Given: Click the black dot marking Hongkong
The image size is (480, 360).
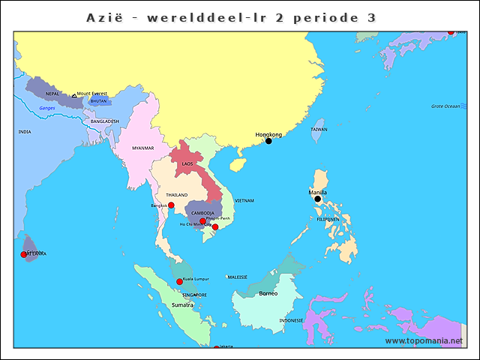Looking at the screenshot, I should click(x=268, y=141).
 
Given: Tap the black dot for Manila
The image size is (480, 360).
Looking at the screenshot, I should click(x=317, y=199).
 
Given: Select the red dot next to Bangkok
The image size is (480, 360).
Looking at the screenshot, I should click(x=171, y=205).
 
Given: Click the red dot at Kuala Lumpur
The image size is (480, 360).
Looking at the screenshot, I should click(x=179, y=282).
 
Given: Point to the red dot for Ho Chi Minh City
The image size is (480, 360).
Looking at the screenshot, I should click(x=215, y=227).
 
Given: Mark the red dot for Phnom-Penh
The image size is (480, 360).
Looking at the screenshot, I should click(x=202, y=221).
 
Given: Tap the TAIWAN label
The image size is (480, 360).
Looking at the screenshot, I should click(x=319, y=129).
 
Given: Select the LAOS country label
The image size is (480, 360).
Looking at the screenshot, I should click(x=187, y=163).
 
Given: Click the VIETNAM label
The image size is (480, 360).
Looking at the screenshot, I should click(x=244, y=200).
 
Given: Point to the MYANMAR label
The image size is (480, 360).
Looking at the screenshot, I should click(x=142, y=148).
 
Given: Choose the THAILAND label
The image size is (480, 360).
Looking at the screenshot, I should click(x=177, y=194).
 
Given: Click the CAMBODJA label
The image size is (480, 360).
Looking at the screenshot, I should click(x=202, y=212).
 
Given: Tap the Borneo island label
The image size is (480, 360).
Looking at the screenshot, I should click(x=268, y=293).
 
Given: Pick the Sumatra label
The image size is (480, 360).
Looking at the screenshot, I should click(x=182, y=305).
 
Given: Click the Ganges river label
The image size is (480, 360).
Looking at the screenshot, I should click(x=47, y=108).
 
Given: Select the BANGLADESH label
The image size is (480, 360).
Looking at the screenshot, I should click(x=105, y=121).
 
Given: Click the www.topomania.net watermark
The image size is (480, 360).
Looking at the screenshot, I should click(x=424, y=340).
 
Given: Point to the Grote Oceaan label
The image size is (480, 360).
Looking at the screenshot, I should click(x=445, y=106).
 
